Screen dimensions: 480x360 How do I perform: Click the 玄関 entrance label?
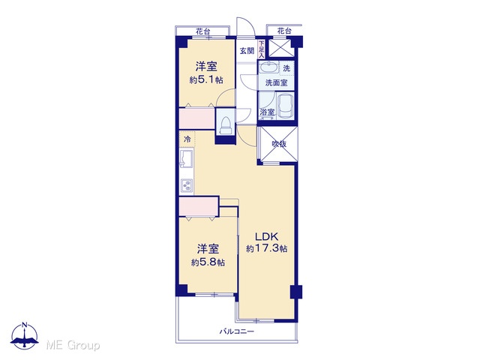247,51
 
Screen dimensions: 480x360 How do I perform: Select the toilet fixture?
226,125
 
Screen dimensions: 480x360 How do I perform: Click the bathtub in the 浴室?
286,106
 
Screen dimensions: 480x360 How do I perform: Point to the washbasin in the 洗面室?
269,67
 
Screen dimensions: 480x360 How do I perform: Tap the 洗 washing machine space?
286,68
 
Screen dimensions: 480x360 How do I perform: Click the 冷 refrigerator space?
187,139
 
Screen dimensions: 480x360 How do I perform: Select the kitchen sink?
187,158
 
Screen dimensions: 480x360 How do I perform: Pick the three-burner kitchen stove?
187,185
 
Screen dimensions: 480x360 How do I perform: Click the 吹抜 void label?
279,143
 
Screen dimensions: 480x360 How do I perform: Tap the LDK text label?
266,237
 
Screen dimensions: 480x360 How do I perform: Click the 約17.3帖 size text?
267,248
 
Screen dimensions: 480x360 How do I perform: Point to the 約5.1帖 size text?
206,80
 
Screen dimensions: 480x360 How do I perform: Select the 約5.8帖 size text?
208,262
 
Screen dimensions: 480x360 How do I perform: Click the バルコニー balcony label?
237,331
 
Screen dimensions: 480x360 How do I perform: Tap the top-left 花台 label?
203,31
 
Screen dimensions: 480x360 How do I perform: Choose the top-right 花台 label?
284,31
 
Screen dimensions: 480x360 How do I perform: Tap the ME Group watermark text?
73,346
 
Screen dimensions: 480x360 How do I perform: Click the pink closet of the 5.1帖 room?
196,118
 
